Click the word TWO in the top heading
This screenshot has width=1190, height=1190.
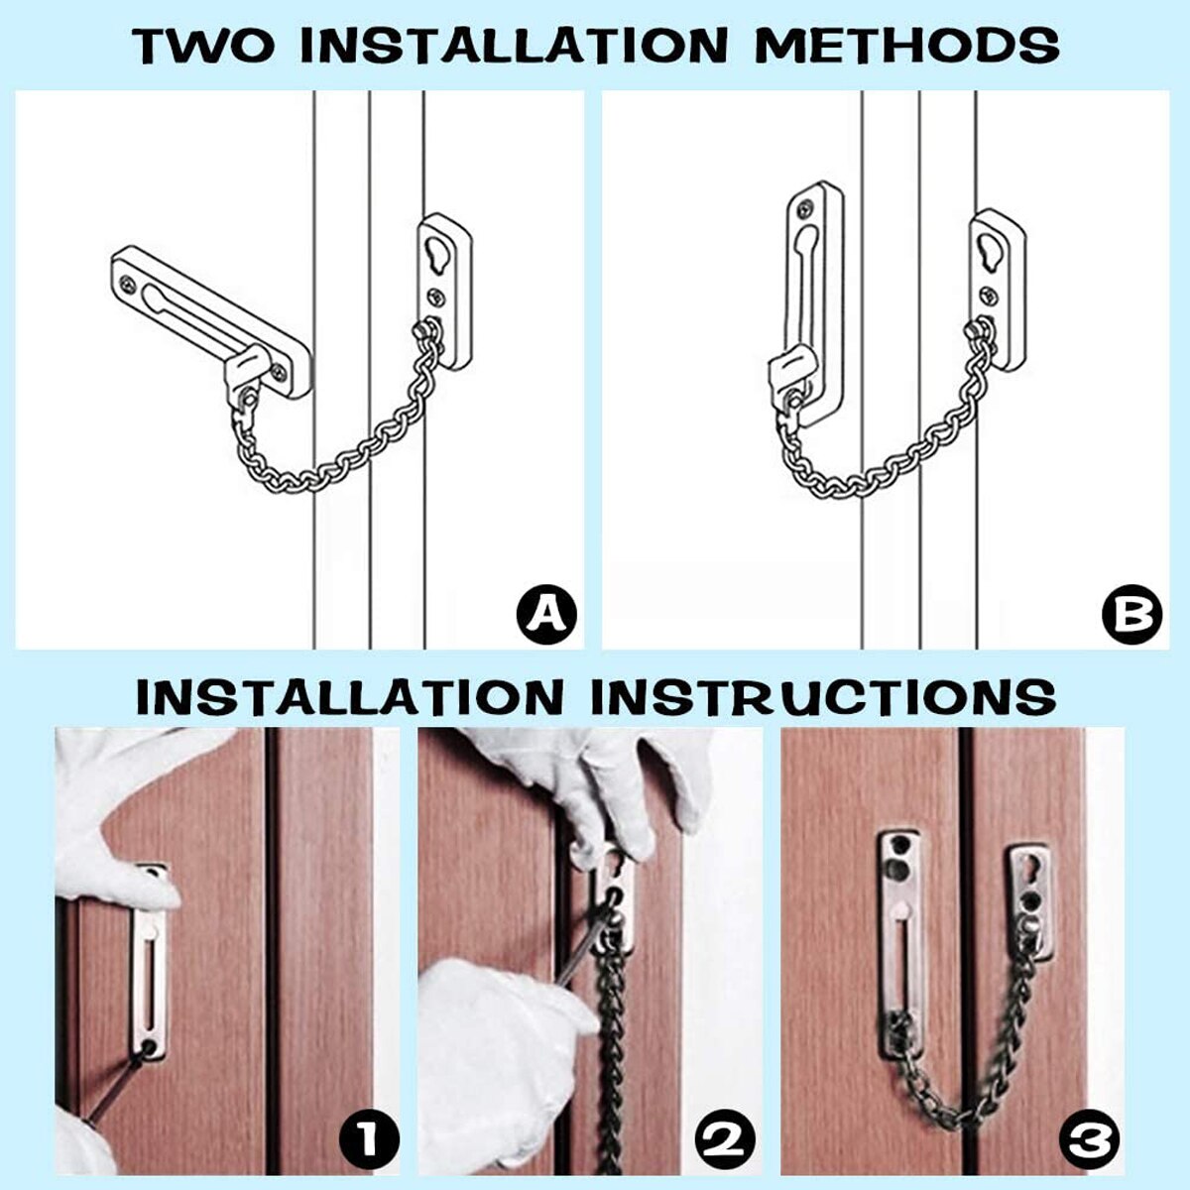pos(205,46)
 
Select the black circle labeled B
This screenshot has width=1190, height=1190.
pos(1130,614)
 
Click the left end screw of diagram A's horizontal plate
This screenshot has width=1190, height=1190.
pos(129,285)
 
